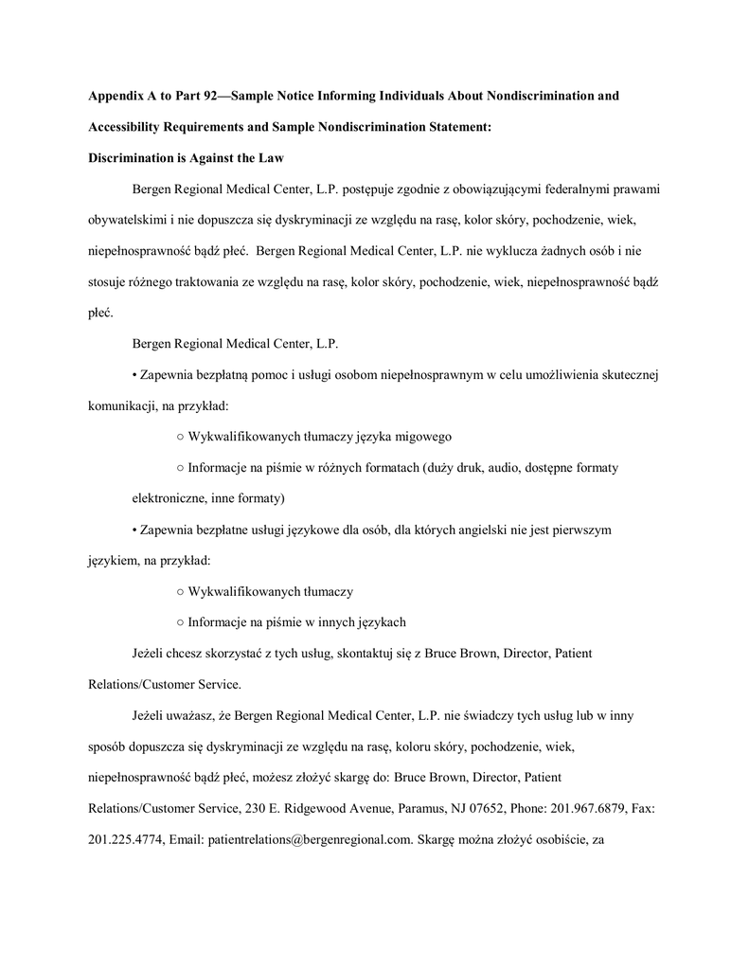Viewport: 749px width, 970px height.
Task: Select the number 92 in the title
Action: (215, 97)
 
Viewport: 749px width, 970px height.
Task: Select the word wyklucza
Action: (491, 251)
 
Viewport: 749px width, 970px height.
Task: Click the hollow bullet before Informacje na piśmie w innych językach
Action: (180, 621)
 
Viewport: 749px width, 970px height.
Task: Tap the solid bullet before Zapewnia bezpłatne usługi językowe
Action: (134, 530)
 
